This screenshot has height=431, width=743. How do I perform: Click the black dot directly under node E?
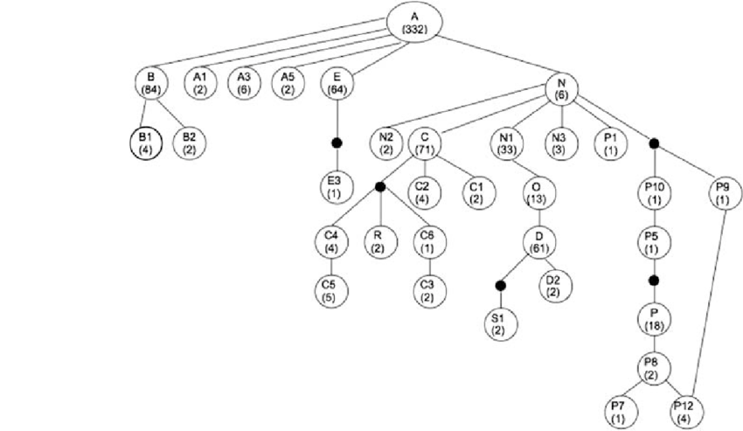coord(337,143)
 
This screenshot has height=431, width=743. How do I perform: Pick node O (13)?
coord(538,193)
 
